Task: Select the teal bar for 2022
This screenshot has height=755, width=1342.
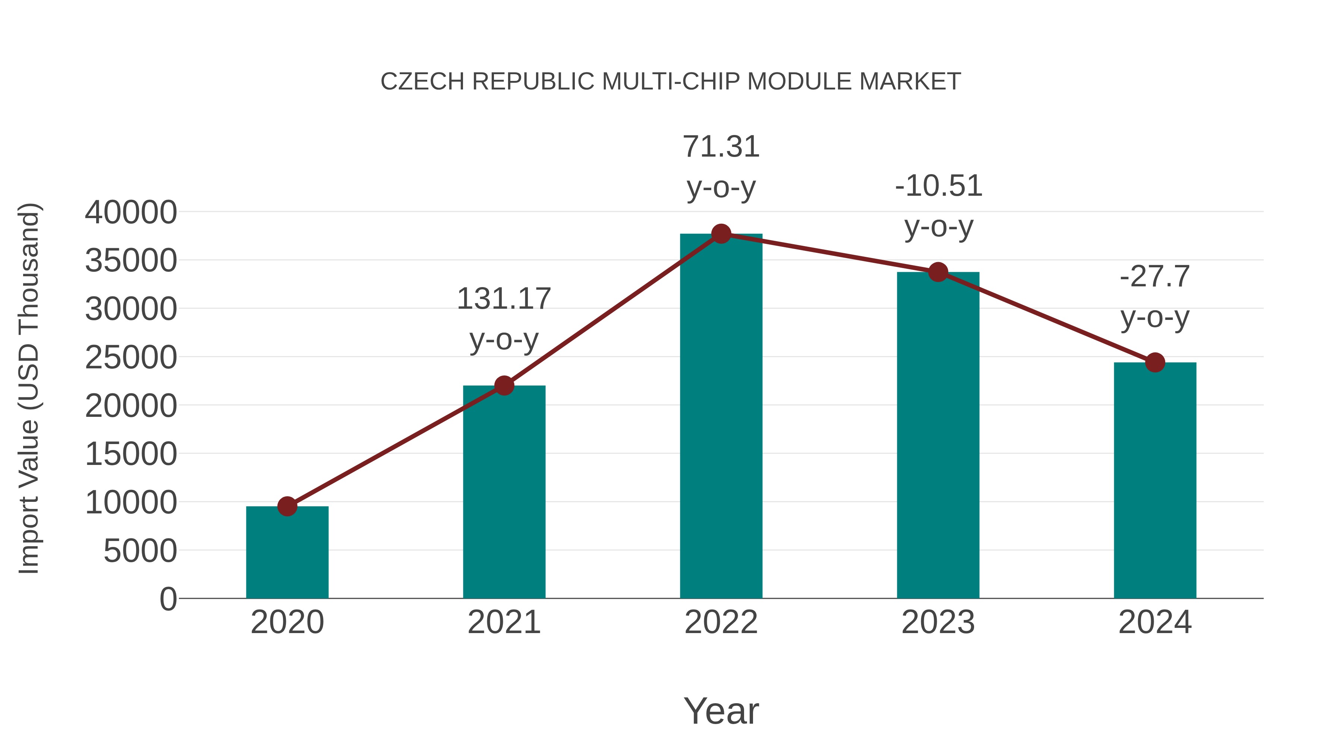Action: click(721, 417)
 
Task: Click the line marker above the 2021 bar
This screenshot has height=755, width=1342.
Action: click(504, 386)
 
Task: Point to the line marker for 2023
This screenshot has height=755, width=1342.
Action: click(938, 272)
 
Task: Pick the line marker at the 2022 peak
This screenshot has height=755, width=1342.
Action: click(721, 234)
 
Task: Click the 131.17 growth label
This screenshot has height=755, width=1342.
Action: click(504, 299)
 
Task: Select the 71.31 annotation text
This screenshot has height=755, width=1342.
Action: click(721, 147)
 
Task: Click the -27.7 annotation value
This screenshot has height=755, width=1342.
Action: click(1155, 277)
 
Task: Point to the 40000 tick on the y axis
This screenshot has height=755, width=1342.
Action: click(131, 213)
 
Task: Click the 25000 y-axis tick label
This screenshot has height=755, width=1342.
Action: click(131, 358)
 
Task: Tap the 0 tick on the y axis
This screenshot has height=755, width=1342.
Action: click(168, 599)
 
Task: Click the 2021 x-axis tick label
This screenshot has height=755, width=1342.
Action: click(504, 622)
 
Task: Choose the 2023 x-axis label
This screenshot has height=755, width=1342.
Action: click(938, 622)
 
